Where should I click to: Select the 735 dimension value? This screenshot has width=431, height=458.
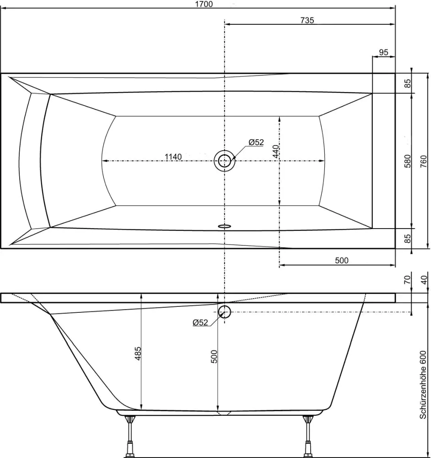tap(307, 20)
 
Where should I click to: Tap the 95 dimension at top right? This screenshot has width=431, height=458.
tap(383, 52)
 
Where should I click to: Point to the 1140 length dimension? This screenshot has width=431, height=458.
tap(173, 157)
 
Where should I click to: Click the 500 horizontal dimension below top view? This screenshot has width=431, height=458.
tap(341, 261)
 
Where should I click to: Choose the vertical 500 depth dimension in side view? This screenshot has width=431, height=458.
tap(214, 356)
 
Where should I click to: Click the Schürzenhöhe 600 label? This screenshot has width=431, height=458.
tap(423, 385)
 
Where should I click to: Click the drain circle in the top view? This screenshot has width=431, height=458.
tap(224, 161)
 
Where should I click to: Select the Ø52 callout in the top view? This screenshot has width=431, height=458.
tap(256, 142)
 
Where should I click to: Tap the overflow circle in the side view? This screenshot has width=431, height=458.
tap(224, 312)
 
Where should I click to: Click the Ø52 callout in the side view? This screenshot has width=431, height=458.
tap(200, 322)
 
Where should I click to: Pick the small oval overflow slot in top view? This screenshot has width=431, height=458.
tap(225, 226)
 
